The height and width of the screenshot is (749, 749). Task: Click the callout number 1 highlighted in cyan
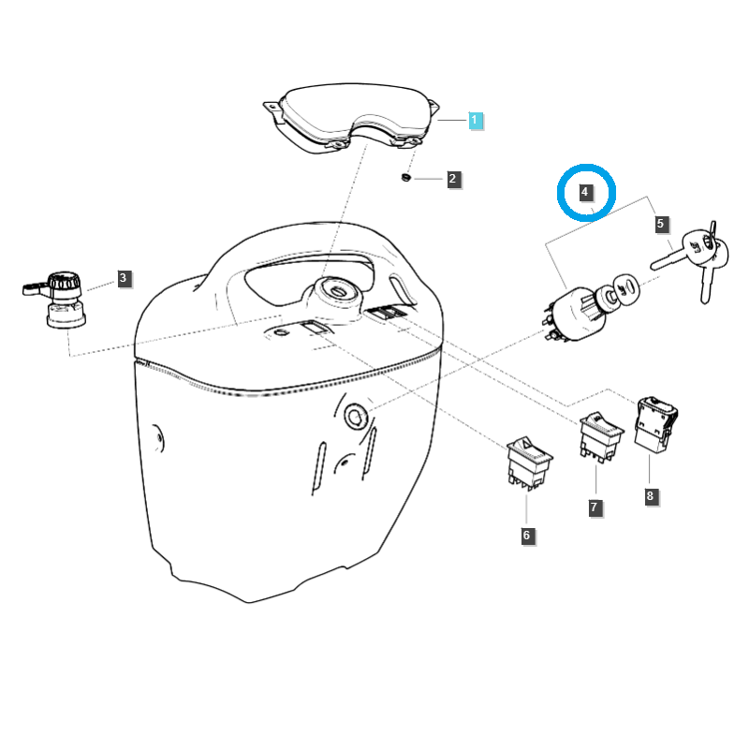tap(476, 121)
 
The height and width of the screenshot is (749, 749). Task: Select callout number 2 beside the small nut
tap(453, 179)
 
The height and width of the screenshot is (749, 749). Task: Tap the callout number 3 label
tap(124, 278)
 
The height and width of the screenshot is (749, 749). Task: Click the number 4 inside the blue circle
tap(584, 192)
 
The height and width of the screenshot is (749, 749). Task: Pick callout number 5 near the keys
tap(661, 224)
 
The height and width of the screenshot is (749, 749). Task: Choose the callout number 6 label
tap(527, 536)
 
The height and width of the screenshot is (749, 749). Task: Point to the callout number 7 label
tap(595, 507)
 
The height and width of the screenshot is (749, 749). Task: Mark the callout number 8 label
tap(650, 496)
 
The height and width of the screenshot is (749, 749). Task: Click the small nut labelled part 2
tap(406, 178)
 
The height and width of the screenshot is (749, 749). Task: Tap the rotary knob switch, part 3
tap(58, 300)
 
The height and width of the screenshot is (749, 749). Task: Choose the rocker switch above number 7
tap(600, 436)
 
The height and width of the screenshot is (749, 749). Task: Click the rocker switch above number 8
tap(655, 424)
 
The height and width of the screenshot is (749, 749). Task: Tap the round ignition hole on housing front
tap(356, 417)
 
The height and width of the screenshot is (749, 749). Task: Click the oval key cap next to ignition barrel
tap(625, 288)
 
